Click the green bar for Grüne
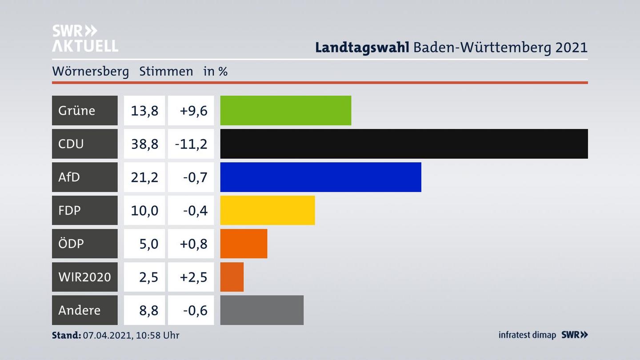click(285, 110)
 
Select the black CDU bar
click(404, 144)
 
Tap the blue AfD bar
click(320, 177)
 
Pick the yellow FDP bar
click(267, 210)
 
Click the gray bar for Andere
click(262, 310)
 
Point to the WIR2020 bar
click(232, 277)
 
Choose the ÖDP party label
click(71, 244)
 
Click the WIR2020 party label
click(84, 277)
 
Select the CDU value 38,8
click(144, 144)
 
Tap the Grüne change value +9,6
click(193, 110)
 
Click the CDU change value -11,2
click(191, 144)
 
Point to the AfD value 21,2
click(144, 177)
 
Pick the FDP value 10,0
click(144, 210)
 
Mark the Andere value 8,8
click(148, 310)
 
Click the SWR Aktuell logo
click(85, 38)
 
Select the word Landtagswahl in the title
click(362, 47)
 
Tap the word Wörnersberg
click(90, 71)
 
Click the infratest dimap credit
click(527, 335)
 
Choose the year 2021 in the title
click(571, 47)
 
